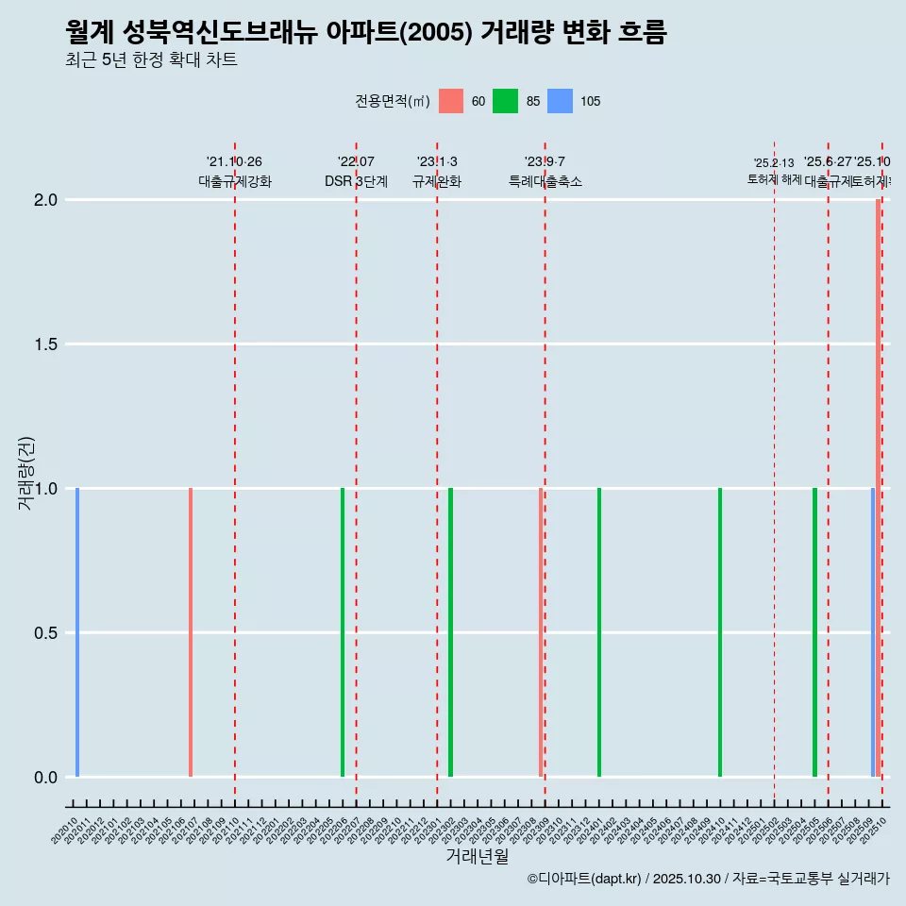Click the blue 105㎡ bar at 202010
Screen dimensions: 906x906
pyautogui.click(x=77, y=632)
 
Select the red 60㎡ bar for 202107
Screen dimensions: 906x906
pyautogui.click(x=191, y=632)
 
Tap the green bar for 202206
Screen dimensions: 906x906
pyautogui.click(x=343, y=632)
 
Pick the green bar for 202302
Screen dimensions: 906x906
pyautogui.click(x=451, y=632)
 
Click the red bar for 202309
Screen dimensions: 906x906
pyautogui.click(x=541, y=632)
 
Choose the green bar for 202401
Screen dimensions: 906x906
pyautogui.click(x=599, y=632)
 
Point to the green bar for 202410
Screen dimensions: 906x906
pyautogui.click(x=720, y=632)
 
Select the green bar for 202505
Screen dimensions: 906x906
pyautogui.click(x=814, y=632)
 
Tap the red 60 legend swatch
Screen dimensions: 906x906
pyautogui.click(x=451, y=101)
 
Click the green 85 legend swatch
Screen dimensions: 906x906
pyautogui.click(x=506, y=101)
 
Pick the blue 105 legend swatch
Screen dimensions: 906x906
pyautogui.click(x=561, y=101)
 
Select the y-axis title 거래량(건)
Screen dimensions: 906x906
pyautogui.click(x=25, y=474)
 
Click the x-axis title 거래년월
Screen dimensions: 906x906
pyautogui.click(x=477, y=857)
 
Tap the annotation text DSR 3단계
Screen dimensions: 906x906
pyautogui.click(x=357, y=181)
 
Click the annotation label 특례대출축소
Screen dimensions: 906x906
pyautogui.click(x=545, y=181)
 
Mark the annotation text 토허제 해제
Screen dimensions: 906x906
pyautogui.click(x=775, y=178)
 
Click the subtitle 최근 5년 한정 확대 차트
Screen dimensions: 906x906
pyautogui.click(x=151, y=59)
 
